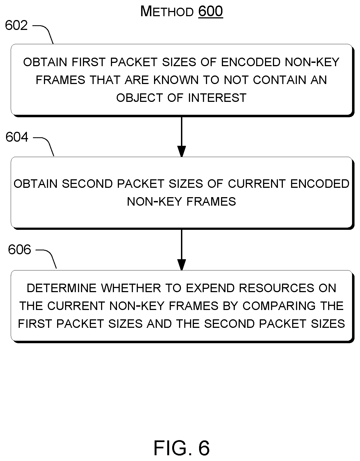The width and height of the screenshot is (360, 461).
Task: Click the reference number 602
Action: tap(16, 26)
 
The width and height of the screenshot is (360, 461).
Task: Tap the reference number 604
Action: tap(17, 137)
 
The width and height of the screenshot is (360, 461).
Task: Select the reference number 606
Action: tap(19, 250)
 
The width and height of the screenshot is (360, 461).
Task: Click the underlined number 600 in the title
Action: tap(210, 12)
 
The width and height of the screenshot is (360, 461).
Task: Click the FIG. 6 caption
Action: tap(182, 448)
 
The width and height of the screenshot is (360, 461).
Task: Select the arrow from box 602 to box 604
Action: tap(182, 136)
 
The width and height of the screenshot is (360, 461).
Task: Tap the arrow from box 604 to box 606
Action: tap(182, 250)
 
